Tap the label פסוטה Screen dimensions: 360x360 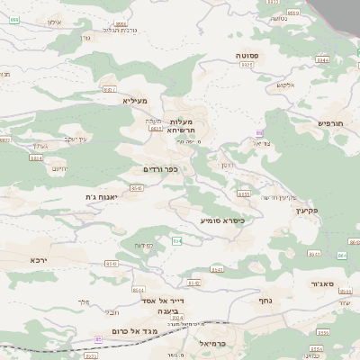(248, 56)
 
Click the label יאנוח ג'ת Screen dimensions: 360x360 (102, 196)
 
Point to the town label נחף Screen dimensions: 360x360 (265, 301)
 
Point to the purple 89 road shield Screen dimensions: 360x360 (259, 133)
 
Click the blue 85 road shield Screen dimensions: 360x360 (98, 339)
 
